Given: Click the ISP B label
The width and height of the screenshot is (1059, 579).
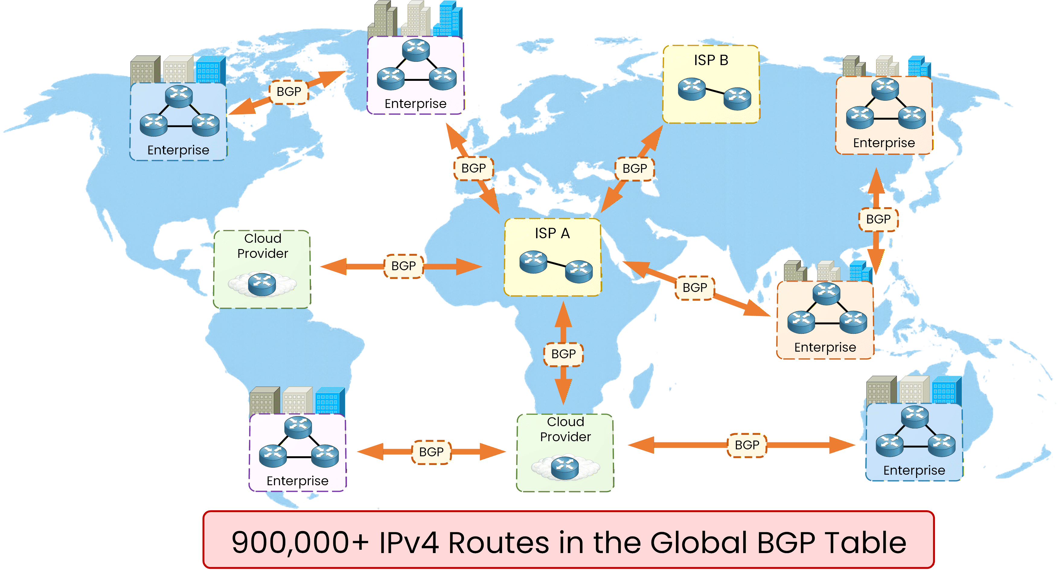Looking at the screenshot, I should point(711,60).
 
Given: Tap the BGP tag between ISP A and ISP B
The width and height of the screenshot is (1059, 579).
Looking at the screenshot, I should point(634,168).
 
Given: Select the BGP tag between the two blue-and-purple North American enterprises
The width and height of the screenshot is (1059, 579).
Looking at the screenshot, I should point(289,92).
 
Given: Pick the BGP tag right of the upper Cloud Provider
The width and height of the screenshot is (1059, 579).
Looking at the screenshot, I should point(403,266).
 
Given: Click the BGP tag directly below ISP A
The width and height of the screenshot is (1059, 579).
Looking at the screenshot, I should point(563,354).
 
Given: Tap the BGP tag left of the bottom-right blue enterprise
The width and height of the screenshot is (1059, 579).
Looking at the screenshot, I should point(747,445).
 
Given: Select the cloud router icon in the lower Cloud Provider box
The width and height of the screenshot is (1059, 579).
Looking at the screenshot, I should point(565,467).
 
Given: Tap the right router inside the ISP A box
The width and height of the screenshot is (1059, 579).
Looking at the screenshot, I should point(579,271).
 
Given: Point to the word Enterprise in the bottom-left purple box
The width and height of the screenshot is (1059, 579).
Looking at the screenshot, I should point(297,481).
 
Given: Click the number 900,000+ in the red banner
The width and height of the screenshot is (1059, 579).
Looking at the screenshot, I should point(300,543).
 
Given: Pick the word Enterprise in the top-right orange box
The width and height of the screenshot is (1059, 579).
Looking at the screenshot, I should point(884,143).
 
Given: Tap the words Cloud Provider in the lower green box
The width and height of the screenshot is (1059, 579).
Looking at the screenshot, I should point(565,429).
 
